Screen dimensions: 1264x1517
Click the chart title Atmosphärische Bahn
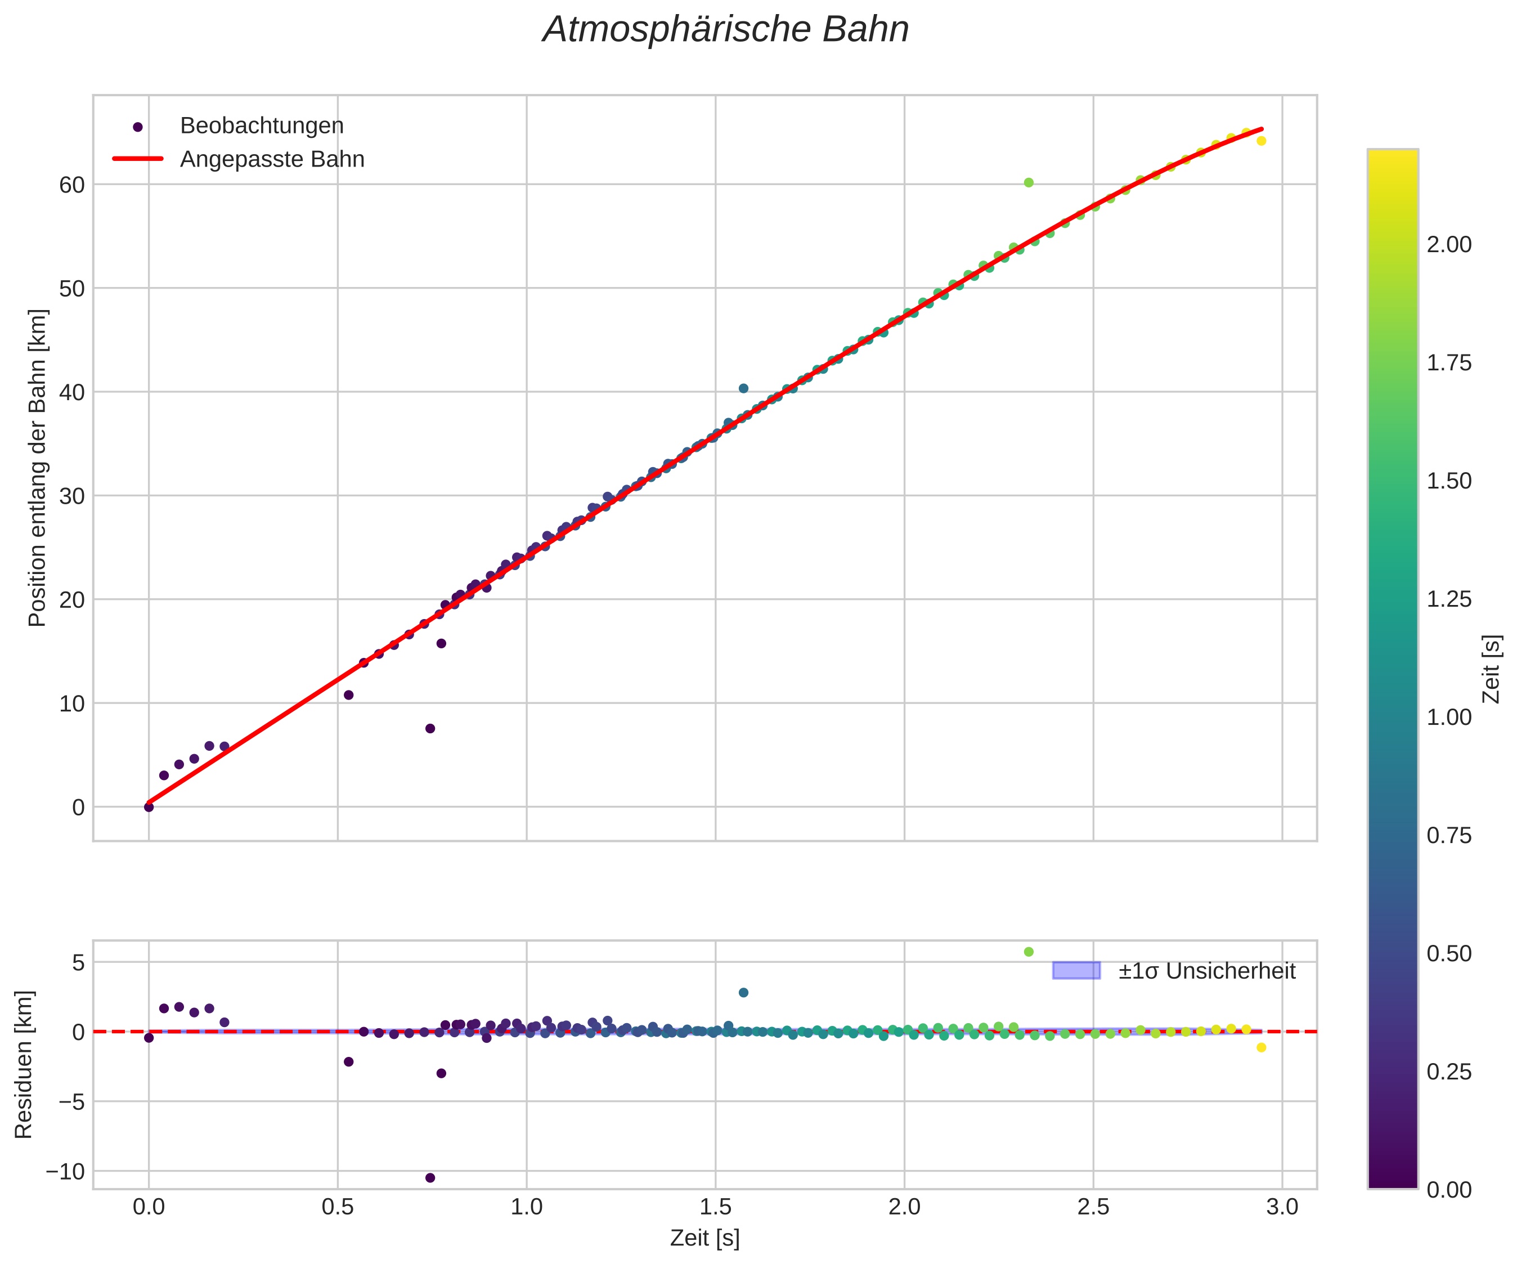(x=725, y=30)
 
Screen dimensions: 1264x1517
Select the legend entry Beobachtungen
(x=262, y=125)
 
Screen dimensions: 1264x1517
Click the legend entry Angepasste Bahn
(x=272, y=159)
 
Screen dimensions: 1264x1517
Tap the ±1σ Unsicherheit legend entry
(x=1206, y=971)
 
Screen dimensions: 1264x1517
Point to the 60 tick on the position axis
(x=71, y=185)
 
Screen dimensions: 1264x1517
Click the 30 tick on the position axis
(x=71, y=496)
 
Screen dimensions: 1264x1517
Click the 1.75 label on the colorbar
(x=1449, y=363)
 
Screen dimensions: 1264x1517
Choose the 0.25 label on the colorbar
(x=1449, y=1072)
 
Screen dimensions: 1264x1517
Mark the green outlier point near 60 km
(x=1029, y=183)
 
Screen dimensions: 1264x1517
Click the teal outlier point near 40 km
(x=743, y=388)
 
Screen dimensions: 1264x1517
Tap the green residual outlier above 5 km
(x=1029, y=952)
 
